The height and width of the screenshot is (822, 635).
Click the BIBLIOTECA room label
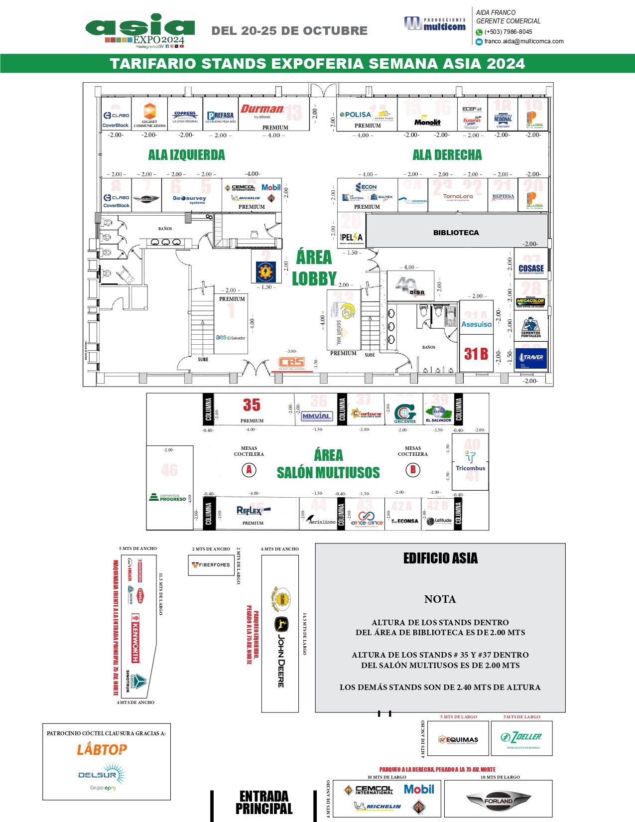(x=456, y=233)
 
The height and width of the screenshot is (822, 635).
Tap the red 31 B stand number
(x=476, y=354)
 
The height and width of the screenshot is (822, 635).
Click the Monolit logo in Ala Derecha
(x=427, y=122)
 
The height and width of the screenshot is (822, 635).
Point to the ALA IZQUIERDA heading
(x=186, y=155)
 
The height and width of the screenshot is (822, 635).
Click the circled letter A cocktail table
(x=249, y=469)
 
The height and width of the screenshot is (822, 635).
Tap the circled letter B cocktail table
(x=413, y=469)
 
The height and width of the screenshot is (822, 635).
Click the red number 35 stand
(x=252, y=405)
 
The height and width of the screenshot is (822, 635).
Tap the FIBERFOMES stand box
(x=211, y=565)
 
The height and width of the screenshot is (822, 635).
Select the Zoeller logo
(x=522, y=737)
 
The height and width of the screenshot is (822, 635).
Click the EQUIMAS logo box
(x=458, y=739)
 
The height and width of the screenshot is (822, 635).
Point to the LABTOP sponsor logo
(x=102, y=749)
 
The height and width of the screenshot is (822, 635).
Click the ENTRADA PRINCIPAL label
(x=264, y=802)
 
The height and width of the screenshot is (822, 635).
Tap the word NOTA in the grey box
(x=440, y=599)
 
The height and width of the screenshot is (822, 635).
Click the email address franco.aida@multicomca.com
(x=524, y=41)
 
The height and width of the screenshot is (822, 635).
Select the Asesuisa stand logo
(x=476, y=324)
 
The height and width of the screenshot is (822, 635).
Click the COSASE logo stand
(x=531, y=269)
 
